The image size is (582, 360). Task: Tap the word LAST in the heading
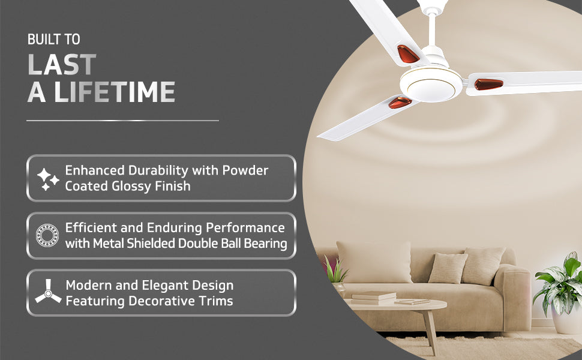tap(62, 65)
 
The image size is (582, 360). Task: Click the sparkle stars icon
tap(48, 179)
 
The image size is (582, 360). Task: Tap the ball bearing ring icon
tap(47, 236)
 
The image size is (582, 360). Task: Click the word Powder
tap(245, 170)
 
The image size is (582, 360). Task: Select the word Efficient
tap(94, 228)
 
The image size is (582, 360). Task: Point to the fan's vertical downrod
tap(430, 31)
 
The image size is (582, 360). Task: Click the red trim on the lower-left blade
tap(400, 103)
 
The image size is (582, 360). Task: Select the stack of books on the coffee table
tap(373, 296)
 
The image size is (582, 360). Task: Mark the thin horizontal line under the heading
tap(122, 121)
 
